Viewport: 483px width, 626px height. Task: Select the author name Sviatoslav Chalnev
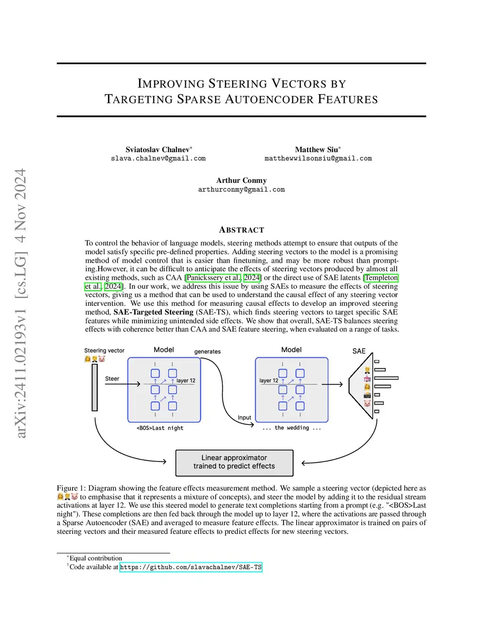coord(158,149)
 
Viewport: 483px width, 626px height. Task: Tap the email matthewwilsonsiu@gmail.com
coord(318,158)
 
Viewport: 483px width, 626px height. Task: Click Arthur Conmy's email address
coord(241,189)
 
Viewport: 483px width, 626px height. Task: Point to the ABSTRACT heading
coord(241,230)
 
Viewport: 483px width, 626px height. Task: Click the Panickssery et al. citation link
coord(213,278)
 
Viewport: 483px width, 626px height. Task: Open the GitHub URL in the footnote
coord(191,567)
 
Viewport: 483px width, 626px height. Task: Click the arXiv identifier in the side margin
coord(21,302)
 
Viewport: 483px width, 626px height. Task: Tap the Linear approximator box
coord(234,462)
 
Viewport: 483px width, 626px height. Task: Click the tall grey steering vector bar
coord(95,387)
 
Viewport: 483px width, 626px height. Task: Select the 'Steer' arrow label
coord(112,378)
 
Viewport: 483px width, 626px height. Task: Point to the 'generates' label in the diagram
coord(207,352)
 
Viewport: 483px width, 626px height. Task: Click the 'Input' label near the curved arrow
coord(244,418)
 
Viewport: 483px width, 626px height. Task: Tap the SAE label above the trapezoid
coord(359,351)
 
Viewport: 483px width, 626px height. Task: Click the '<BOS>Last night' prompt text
coord(160,428)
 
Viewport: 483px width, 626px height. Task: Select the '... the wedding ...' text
coord(291,428)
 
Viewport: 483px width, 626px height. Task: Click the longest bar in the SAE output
coord(386,378)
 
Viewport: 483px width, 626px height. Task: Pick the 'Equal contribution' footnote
coord(95,558)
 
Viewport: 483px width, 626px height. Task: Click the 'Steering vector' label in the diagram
coord(104,351)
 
